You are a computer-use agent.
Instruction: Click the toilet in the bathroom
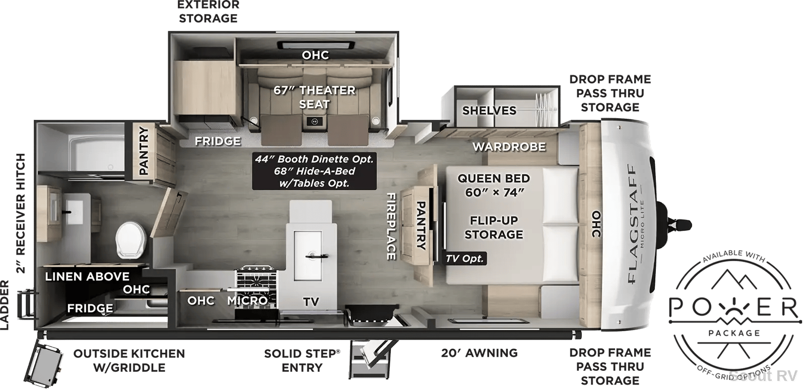point(130,240)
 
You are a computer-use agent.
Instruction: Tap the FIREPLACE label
point(391,226)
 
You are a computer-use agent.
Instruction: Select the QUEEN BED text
point(494,178)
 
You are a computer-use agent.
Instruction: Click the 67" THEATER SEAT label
point(314,97)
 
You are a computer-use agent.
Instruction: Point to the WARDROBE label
point(509,146)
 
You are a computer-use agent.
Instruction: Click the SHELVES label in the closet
point(489,110)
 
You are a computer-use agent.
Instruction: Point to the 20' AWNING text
point(479,353)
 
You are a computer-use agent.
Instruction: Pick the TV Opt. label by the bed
point(464,259)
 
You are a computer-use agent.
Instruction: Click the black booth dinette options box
point(314,171)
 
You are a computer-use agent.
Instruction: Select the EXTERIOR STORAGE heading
point(209,12)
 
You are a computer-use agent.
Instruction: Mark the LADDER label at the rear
point(5,305)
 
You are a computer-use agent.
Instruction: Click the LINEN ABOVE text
point(87,276)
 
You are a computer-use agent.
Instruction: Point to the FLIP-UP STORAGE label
point(494,227)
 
